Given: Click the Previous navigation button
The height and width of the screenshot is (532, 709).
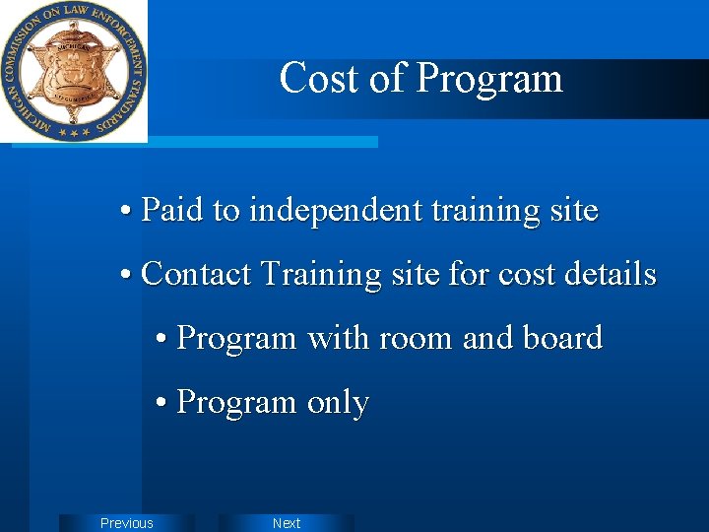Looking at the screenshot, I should click(127, 523).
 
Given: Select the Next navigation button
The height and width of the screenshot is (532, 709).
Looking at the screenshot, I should click(287, 523).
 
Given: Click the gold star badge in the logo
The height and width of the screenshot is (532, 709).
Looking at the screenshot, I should click(73, 70).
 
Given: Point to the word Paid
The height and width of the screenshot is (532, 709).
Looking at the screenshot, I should click(173, 210).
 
